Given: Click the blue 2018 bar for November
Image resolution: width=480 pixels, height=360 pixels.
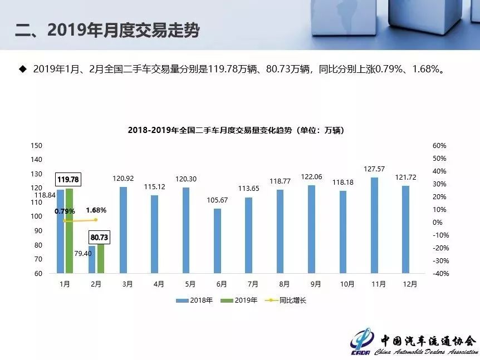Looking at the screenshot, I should [375, 225].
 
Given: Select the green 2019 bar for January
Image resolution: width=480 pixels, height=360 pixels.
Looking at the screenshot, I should [69, 231].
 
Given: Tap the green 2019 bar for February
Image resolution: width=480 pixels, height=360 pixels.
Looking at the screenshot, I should [101, 259].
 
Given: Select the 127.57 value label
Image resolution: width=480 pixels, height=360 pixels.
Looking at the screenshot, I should [375, 169].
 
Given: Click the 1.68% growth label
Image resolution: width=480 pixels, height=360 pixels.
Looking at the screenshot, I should [96, 210].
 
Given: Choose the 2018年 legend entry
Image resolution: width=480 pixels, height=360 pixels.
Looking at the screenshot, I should [194, 300].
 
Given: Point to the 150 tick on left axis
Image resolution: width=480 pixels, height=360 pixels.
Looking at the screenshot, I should [37, 146].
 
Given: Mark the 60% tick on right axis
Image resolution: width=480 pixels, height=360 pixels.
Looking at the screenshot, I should [439, 146].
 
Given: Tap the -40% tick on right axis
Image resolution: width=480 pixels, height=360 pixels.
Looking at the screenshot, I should [440, 274].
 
